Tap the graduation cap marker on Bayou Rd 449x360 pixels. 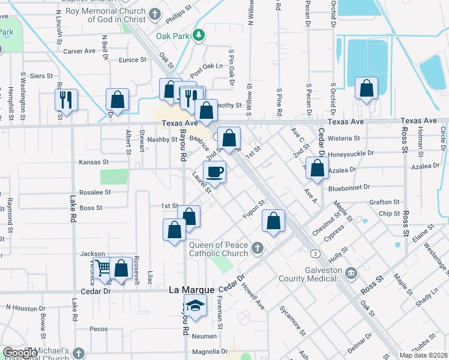point(195,305)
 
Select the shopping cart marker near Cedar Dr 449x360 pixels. point(103,268)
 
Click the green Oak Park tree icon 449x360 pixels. point(199,36)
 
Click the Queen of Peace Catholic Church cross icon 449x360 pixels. point(257,248)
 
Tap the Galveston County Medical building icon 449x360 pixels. point(351,274)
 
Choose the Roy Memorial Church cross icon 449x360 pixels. point(155,13)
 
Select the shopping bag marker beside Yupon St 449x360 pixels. point(274,221)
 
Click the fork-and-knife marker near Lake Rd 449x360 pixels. point(66,99)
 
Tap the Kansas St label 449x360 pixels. point(94,162)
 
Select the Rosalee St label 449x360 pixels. point(95,193)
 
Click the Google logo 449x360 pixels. point(20,353)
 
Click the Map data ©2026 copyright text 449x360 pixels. point(423,355)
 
